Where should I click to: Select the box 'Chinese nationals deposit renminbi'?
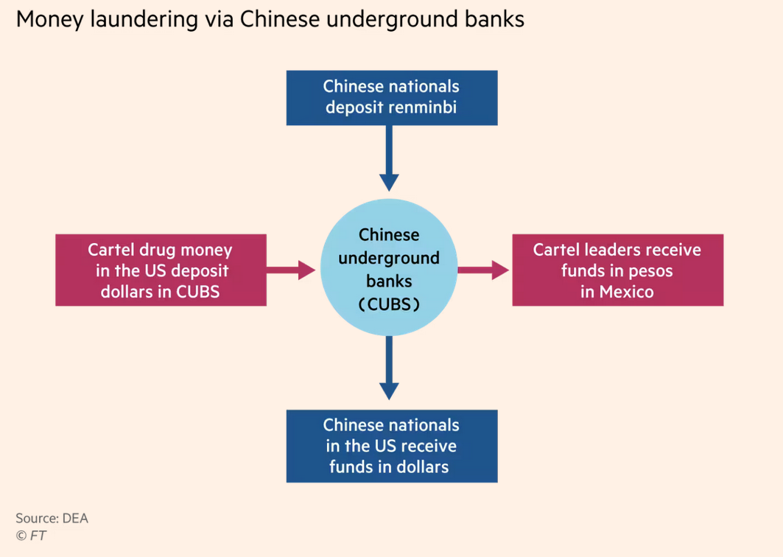pos(391,97)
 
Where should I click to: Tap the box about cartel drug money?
pos(161,270)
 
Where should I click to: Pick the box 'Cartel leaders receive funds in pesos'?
pos(617,270)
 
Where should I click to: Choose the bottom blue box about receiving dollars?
pos(391,446)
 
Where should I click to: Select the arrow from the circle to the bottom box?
pos(389,368)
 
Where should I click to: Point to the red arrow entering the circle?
pos(292,270)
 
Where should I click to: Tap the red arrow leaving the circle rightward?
pos(483,270)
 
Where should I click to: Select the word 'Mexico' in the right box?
pos(626,292)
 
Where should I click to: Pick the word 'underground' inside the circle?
pos(389,258)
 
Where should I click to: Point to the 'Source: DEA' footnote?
pos(52,518)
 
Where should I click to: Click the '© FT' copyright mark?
pos(31,536)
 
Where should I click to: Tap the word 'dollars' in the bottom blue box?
pos(419,466)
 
